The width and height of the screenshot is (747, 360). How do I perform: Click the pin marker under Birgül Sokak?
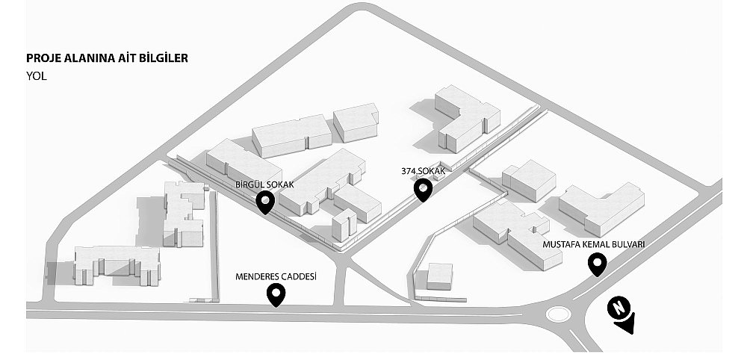[265, 202]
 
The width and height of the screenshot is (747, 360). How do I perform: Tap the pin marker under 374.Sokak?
[423, 190]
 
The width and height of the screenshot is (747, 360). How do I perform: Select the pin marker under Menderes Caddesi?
[276, 295]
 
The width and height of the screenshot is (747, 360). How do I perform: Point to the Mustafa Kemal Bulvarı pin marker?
[597, 264]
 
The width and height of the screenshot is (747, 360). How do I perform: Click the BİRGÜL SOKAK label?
[264, 184]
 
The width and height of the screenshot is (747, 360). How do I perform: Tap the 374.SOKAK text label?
[424, 171]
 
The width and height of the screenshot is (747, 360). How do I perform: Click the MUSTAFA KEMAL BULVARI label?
[594, 245]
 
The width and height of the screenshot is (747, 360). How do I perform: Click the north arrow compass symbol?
[622, 314]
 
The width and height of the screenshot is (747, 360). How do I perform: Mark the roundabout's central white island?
[558, 314]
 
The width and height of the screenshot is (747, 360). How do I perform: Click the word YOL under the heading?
[37, 75]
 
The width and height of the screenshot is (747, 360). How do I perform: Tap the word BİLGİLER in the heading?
[163, 58]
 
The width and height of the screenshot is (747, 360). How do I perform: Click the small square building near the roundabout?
[439, 276]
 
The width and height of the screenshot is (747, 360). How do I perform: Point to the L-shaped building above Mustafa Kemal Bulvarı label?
[601, 208]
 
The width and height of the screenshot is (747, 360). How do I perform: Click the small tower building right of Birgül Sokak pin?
[344, 225]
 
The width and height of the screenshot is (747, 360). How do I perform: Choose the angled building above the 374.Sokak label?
[467, 118]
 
